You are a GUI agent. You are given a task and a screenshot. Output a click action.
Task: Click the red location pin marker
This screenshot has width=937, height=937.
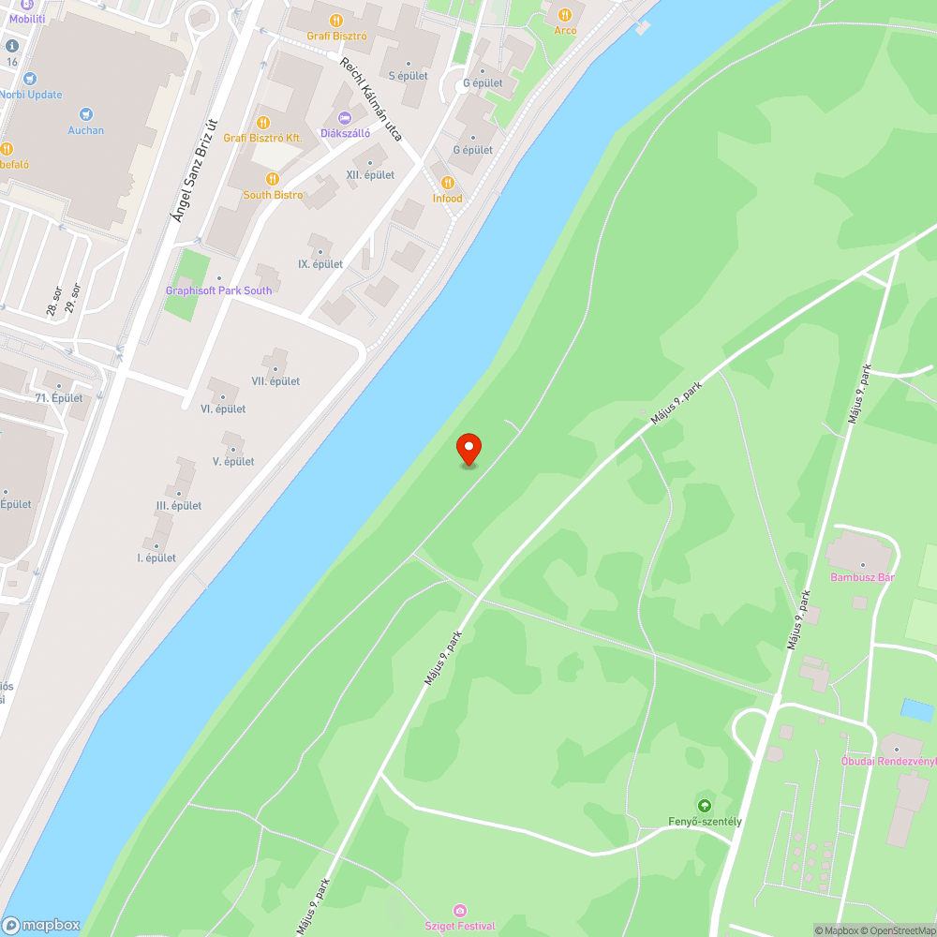pyautogui.click(x=468, y=449)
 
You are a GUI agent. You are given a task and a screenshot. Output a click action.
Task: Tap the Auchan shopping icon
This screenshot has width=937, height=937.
pyautogui.click(x=86, y=113)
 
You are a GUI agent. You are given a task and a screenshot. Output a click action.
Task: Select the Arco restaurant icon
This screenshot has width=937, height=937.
pyautogui.click(x=565, y=15)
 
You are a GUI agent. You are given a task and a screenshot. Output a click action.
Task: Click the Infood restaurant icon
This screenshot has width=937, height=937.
pyautogui.click(x=448, y=183)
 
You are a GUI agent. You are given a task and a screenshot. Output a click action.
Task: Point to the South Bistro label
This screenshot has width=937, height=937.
pyautogui.click(x=273, y=195)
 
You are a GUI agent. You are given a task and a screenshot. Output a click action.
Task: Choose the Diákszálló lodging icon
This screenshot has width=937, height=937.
pyautogui.click(x=344, y=117)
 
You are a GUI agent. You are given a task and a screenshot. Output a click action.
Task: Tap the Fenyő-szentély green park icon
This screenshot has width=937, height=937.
pyautogui.click(x=704, y=805)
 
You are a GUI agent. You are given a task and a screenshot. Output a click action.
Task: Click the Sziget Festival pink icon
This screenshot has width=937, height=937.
pyautogui.click(x=459, y=910)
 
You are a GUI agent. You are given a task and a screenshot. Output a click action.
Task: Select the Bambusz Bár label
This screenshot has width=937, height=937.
pyautogui.click(x=862, y=577)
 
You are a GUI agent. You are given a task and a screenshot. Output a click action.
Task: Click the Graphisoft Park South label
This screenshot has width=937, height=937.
pyautogui.click(x=218, y=290)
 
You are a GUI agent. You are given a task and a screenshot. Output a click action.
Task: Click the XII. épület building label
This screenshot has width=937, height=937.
pyautogui.click(x=370, y=175)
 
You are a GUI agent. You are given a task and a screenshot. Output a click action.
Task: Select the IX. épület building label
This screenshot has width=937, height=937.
pyautogui.click(x=320, y=264)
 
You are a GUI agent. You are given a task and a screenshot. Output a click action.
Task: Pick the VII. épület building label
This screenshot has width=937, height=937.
pyautogui.click(x=275, y=381)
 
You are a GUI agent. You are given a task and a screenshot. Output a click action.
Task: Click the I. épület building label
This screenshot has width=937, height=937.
pyautogui.click(x=156, y=558)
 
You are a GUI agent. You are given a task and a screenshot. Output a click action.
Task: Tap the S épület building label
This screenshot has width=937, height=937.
pyautogui.click(x=409, y=76)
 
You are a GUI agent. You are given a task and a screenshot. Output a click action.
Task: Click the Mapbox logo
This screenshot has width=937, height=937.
pyautogui.click(x=42, y=925)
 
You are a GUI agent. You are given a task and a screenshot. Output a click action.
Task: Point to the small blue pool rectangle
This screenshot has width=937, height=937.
pyautogui.click(x=916, y=710)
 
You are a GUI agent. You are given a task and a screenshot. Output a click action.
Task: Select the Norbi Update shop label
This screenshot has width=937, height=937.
pyautogui.click(x=32, y=95)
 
